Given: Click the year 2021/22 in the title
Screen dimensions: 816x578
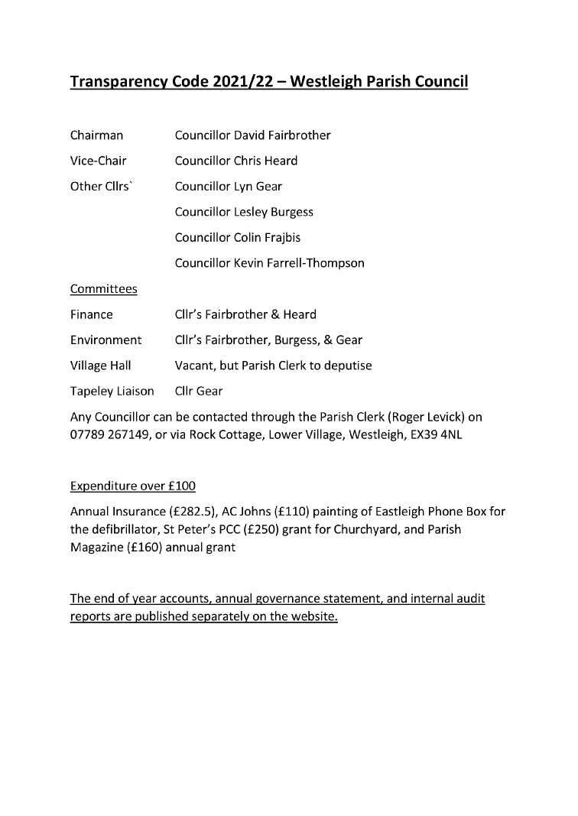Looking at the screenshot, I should point(248,82).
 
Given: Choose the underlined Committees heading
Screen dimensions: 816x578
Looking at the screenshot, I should point(104,289).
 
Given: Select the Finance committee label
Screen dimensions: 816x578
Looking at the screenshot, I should point(92,314).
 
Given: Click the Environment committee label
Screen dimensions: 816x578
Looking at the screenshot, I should point(106,340).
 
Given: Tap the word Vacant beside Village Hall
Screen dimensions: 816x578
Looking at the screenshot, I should point(194,366).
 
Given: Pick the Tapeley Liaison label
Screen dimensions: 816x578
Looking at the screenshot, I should point(112,391).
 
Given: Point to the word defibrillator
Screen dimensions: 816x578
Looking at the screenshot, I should point(114,529).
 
